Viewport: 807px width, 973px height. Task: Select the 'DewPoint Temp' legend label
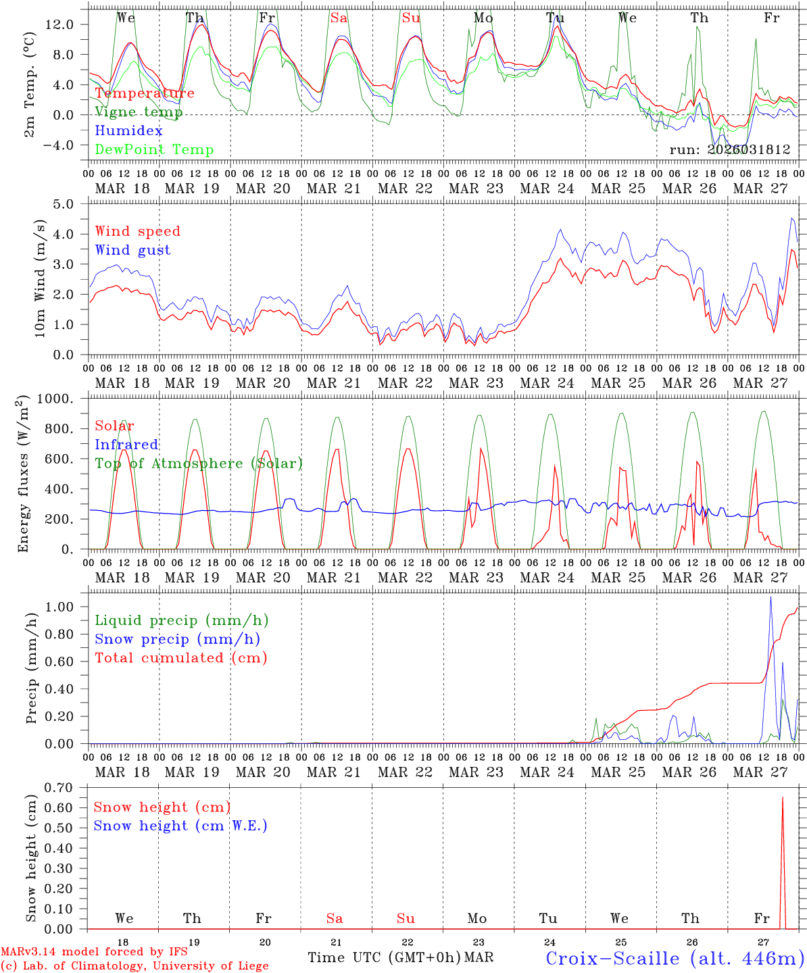coord(154,150)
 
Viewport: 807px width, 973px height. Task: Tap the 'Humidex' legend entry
coord(128,131)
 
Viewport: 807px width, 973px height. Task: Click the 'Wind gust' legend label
coord(132,250)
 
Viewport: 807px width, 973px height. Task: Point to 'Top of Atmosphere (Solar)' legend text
coord(199,464)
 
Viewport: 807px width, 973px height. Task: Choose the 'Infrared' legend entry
coord(126,445)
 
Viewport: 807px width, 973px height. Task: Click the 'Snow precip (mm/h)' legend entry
coord(177,639)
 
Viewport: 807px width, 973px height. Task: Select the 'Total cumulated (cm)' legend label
coord(180,658)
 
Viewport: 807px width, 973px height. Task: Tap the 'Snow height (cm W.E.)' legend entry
coord(180,826)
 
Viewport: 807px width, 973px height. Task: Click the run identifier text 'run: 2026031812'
coord(729,150)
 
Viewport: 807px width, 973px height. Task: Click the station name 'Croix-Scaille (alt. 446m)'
coord(675,958)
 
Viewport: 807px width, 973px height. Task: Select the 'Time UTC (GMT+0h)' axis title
coord(384,957)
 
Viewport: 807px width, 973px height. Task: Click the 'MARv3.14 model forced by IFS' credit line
coord(94,952)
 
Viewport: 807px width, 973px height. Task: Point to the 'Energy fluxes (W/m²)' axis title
coord(24,474)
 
